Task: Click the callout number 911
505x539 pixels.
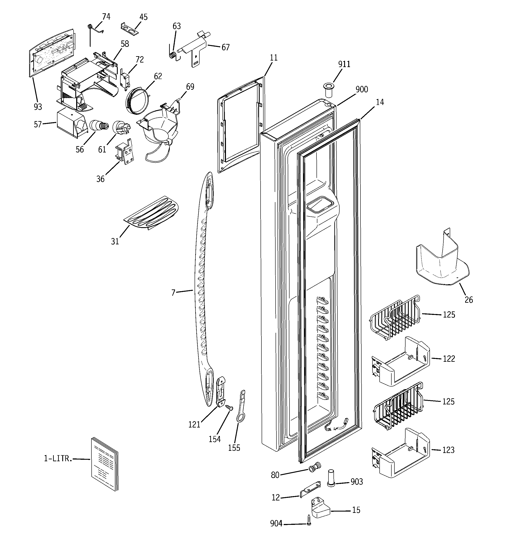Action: click(344, 64)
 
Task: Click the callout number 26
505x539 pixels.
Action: click(469, 300)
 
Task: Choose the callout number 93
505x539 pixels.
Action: click(38, 107)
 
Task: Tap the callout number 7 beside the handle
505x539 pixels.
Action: click(173, 292)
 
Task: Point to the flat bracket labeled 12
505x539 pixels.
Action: click(311, 489)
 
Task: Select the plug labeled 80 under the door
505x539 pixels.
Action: click(315, 467)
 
